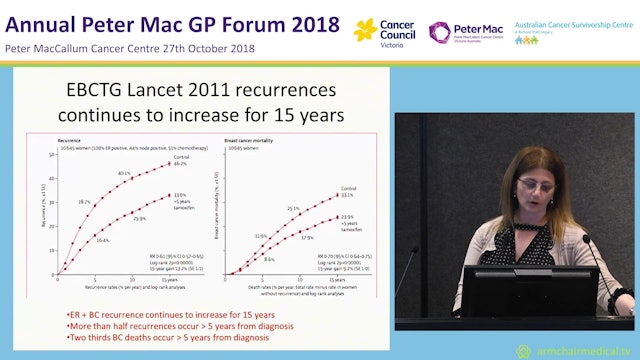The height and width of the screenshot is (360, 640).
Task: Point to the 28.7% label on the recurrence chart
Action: tap(84, 202)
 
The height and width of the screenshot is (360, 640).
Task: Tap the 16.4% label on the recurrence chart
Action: tap(102, 239)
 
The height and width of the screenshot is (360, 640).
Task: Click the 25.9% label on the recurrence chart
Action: tap(139, 220)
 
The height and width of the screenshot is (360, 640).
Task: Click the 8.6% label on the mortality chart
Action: tap(269, 258)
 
